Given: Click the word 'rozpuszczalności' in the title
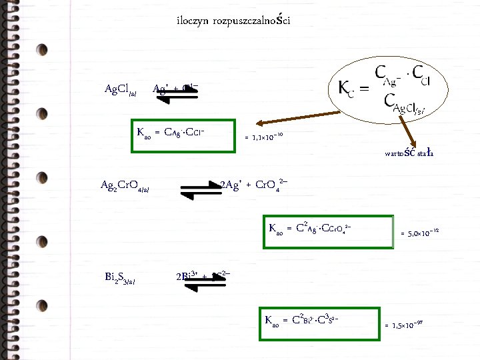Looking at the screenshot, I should pos(251,20).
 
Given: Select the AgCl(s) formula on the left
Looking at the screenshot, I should pos(121,89).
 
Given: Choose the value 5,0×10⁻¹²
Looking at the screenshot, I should pos(419,233).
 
